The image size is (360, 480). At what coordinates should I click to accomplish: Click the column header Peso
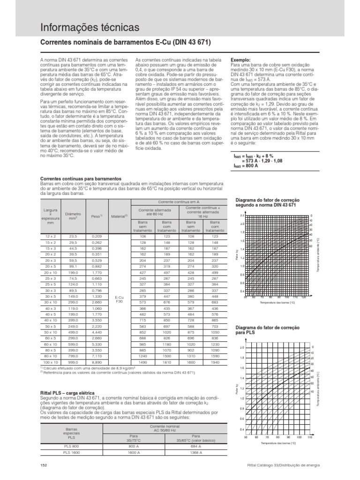tap(97, 217)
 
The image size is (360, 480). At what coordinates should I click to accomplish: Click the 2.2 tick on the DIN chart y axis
tap(242, 215)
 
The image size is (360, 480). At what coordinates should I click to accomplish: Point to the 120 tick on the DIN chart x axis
tap(304, 297)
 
